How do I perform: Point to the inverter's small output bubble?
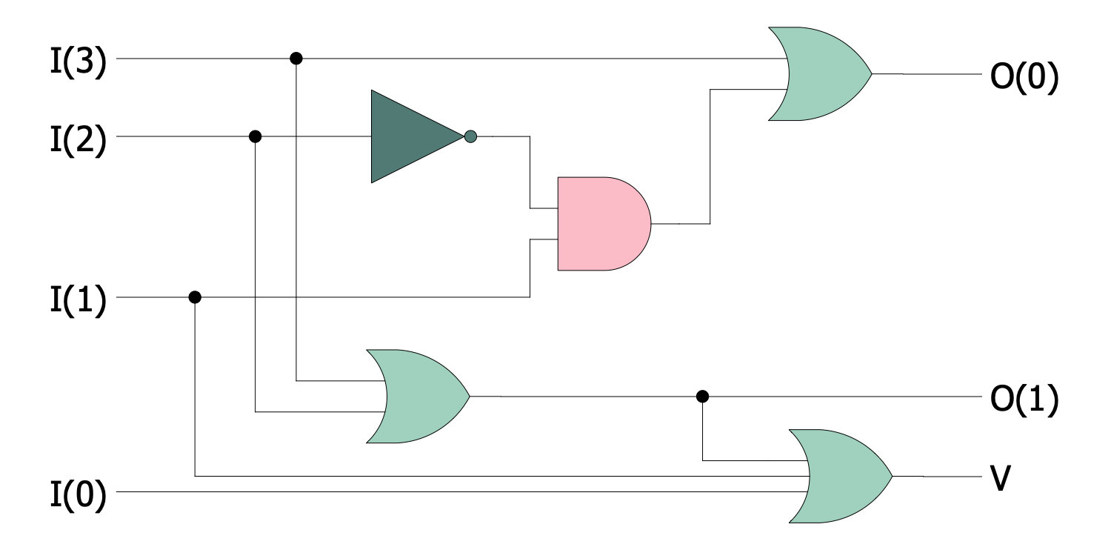[470, 136]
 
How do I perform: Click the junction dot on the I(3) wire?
[296, 58]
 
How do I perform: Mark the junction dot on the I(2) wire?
[255, 136]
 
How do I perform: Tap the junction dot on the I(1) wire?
[195, 297]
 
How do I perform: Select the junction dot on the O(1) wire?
[702, 397]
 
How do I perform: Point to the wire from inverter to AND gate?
[530, 170]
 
